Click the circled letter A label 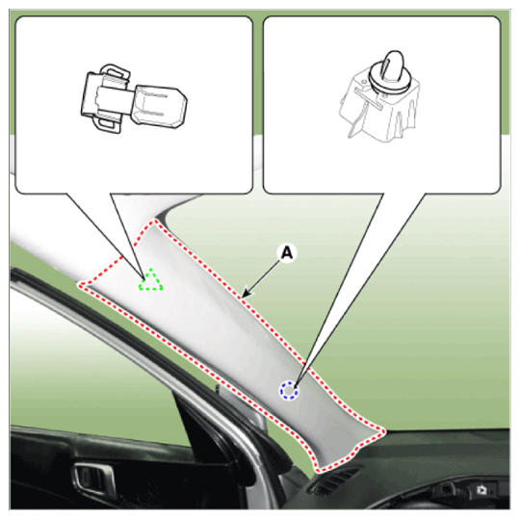coord(287,253)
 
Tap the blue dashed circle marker coord(289,390)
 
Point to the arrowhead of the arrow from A coord(246,294)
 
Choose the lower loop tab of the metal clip coord(108,123)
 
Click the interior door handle coord(93,479)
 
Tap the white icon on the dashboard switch coord(481,490)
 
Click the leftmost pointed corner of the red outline coord(79,285)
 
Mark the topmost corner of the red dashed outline coord(153,221)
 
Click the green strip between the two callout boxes coord(258,76)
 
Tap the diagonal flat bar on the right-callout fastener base coord(369,98)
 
